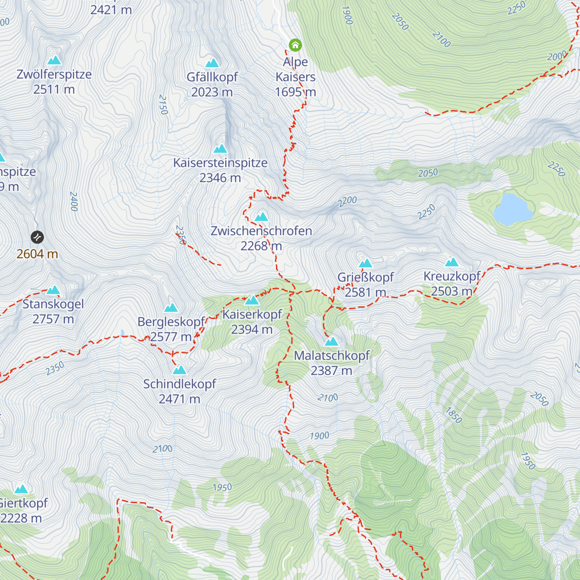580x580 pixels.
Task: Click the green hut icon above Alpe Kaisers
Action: coord(295,45)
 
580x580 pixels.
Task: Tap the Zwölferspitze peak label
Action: coord(54,74)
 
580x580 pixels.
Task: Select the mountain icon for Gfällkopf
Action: coord(212,63)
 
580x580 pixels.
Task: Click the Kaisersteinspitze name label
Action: coord(220,163)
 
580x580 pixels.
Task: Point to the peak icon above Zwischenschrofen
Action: coord(261,217)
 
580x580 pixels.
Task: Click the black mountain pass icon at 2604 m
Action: coord(37,237)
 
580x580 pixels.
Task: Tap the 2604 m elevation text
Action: coord(37,254)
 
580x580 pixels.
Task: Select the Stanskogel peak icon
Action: coord(53,290)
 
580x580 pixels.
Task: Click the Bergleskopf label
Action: coord(172,322)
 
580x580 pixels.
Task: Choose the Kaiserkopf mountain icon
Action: coord(252,301)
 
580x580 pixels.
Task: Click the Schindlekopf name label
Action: coord(179,384)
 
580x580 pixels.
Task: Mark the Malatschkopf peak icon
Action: coord(331,342)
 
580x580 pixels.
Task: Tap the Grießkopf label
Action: coord(365,277)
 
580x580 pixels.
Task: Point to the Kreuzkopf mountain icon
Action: coord(451,262)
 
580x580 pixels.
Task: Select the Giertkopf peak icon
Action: coord(21,489)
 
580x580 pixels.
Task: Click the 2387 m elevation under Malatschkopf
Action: coord(331,371)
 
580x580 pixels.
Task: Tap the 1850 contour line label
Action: coord(453,415)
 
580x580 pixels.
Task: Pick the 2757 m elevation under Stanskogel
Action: coord(53,319)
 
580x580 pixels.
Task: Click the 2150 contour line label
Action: coord(163,105)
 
